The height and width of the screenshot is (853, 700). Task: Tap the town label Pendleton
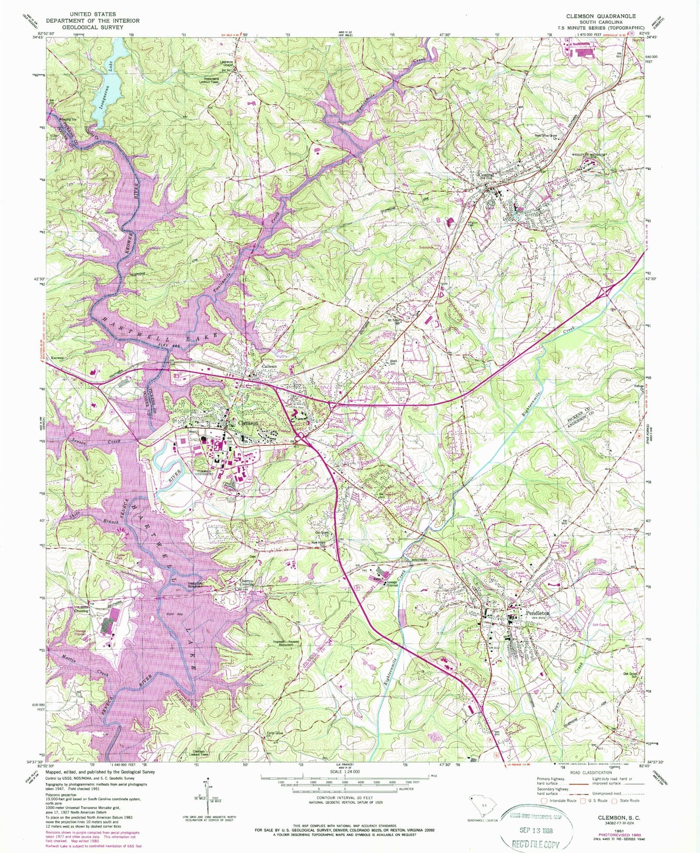tap(537, 613)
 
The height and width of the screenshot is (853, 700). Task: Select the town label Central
tap(486, 175)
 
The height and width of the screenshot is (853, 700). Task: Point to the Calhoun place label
tap(269, 366)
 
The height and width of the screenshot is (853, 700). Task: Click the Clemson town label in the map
tap(248, 423)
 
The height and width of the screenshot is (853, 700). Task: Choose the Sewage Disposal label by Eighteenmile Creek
tap(390, 584)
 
